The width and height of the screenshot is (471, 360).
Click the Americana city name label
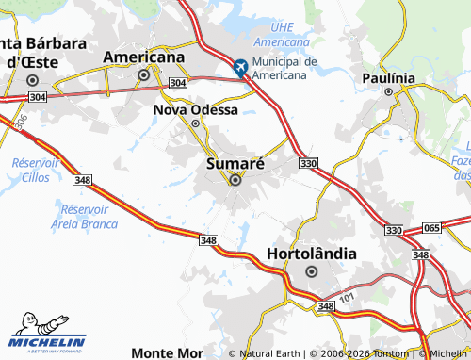click(x=143, y=57)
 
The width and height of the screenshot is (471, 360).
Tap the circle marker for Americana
click(x=144, y=74)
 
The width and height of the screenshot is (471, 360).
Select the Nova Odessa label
click(x=195, y=109)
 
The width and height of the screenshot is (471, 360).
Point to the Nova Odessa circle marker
click(x=196, y=123)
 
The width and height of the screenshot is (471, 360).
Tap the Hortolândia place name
click(x=312, y=254)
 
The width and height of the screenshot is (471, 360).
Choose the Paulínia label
click(x=388, y=77)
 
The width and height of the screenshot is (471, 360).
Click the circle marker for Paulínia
click(x=388, y=92)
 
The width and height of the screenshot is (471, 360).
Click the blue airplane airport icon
click(x=240, y=67)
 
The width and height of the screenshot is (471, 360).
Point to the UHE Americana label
click(x=282, y=37)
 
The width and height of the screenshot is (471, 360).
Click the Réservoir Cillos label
click(x=35, y=170)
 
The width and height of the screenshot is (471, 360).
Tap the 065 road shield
click(x=431, y=229)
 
